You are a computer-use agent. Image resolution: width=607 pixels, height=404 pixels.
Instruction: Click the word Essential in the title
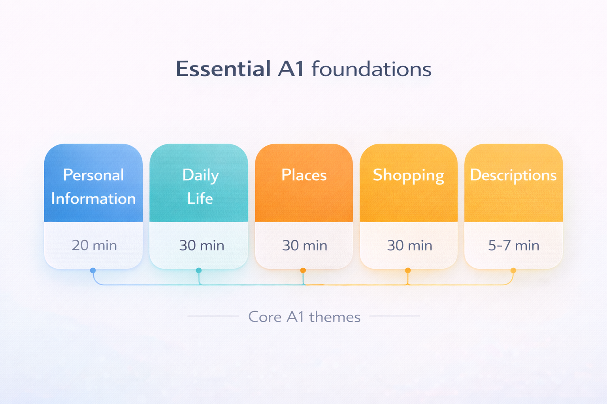223,69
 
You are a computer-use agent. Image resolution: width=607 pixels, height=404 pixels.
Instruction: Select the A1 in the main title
291,69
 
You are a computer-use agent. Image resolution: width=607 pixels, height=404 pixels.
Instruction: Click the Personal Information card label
93,187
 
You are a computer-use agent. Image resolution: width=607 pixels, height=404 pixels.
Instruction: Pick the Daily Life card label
200,187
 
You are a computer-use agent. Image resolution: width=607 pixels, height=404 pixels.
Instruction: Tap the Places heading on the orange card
304,175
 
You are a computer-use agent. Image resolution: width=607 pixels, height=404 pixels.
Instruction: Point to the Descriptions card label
513,175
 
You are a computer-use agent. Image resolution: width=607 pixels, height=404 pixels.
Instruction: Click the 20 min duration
94,245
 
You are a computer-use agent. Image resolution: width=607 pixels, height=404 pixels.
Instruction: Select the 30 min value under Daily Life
202,245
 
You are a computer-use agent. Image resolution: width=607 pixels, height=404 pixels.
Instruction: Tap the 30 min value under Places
304,245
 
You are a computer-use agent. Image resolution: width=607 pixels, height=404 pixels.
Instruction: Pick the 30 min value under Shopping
409,245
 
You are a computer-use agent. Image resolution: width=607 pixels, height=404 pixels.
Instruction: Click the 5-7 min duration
513,245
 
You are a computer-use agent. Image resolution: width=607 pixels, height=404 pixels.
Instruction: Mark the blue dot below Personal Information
93,270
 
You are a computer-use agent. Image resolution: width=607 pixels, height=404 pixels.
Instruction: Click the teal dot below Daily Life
199,270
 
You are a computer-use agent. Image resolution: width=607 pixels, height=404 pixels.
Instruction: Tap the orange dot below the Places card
303,270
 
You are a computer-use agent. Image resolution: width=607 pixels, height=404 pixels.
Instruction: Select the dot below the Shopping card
408,270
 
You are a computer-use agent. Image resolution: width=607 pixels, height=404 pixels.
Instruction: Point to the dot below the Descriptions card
513,270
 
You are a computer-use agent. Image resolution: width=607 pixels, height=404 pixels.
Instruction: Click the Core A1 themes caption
304,317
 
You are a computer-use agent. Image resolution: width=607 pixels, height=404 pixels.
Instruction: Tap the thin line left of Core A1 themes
213,316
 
